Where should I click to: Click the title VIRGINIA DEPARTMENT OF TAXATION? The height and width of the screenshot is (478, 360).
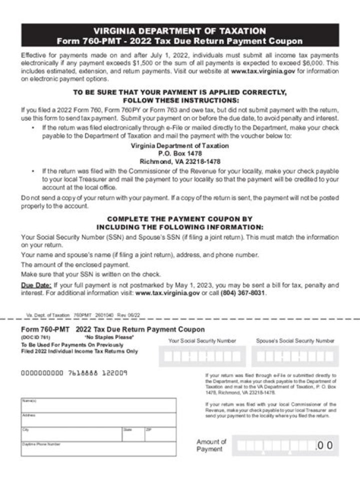tap(179, 31)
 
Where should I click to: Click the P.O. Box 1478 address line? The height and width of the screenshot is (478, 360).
tap(179, 154)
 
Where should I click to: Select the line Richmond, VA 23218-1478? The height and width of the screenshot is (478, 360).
tap(179, 162)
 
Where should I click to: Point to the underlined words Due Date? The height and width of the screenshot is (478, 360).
tap(36, 285)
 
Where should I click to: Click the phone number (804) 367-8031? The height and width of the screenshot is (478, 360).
tap(243, 293)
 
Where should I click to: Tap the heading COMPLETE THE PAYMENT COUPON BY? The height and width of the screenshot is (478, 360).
tap(179, 219)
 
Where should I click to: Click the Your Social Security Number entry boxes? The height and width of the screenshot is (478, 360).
tap(202, 357)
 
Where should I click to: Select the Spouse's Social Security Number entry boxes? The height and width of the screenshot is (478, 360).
tap(295, 357)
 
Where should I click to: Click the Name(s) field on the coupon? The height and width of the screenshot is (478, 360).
tap(98, 406)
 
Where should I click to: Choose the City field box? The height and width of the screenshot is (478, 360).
tap(71, 435)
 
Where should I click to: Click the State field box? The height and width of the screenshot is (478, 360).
tap(133, 435)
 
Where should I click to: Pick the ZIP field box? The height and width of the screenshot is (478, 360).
tap(160, 435)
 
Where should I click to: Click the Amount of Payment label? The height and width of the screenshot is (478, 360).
tap(211, 445)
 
